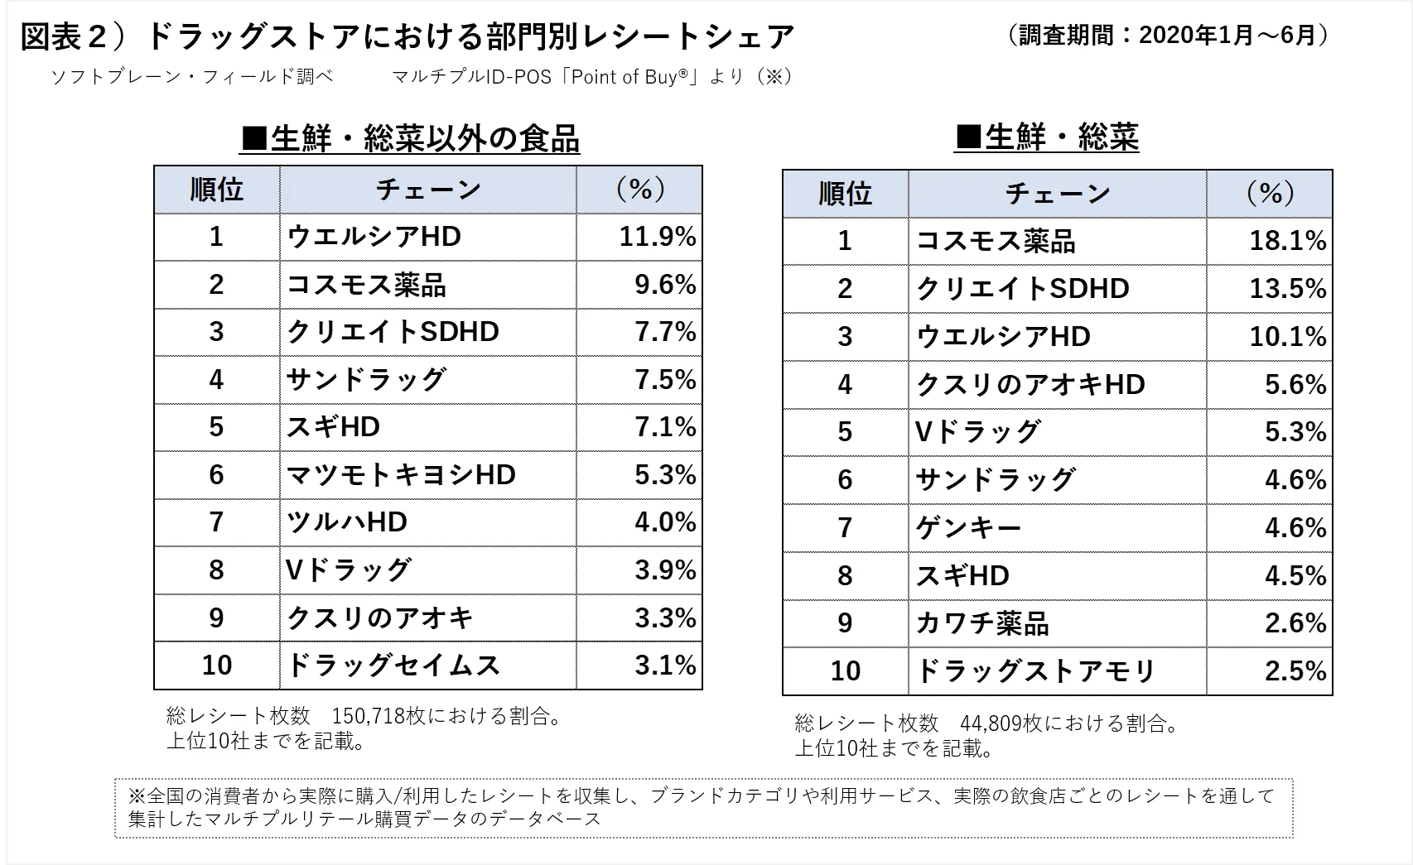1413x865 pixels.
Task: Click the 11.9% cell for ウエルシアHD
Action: (x=657, y=237)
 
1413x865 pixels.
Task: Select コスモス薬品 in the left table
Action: (x=366, y=285)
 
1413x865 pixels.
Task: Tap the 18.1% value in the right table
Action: (x=1287, y=241)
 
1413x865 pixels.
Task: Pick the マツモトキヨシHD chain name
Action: (x=401, y=475)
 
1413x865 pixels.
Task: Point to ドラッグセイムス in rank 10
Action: (x=393, y=666)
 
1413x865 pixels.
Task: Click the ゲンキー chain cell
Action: (x=968, y=528)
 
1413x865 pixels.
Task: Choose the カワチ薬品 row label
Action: (x=982, y=623)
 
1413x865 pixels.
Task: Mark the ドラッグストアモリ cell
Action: (x=1035, y=671)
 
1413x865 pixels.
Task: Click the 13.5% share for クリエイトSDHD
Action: (x=1287, y=289)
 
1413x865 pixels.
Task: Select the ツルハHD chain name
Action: (x=347, y=522)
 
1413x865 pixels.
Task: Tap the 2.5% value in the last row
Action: (x=1295, y=671)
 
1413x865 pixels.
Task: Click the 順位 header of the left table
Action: (x=216, y=190)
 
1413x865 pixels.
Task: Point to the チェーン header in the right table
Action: (x=1057, y=194)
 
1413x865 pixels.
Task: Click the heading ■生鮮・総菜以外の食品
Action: (x=410, y=139)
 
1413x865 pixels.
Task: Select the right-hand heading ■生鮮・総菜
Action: (x=1047, y=137)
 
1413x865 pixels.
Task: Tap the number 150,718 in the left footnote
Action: (x=368, y=716)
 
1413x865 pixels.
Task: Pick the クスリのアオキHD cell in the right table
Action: (x=1030, y=385)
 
